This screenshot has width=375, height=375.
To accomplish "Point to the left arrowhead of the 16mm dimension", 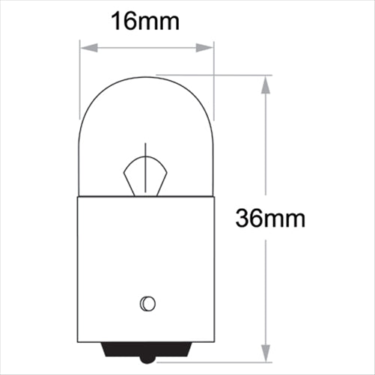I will [85, 49].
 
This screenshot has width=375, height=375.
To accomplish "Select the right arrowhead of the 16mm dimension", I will [208, 49].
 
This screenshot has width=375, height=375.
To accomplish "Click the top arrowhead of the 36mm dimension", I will [265, 81].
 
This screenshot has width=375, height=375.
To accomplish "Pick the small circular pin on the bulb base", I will [147, 303].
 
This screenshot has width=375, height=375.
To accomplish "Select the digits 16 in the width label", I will [123, 21].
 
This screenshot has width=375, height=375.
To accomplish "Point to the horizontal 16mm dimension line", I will [147, 49].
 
